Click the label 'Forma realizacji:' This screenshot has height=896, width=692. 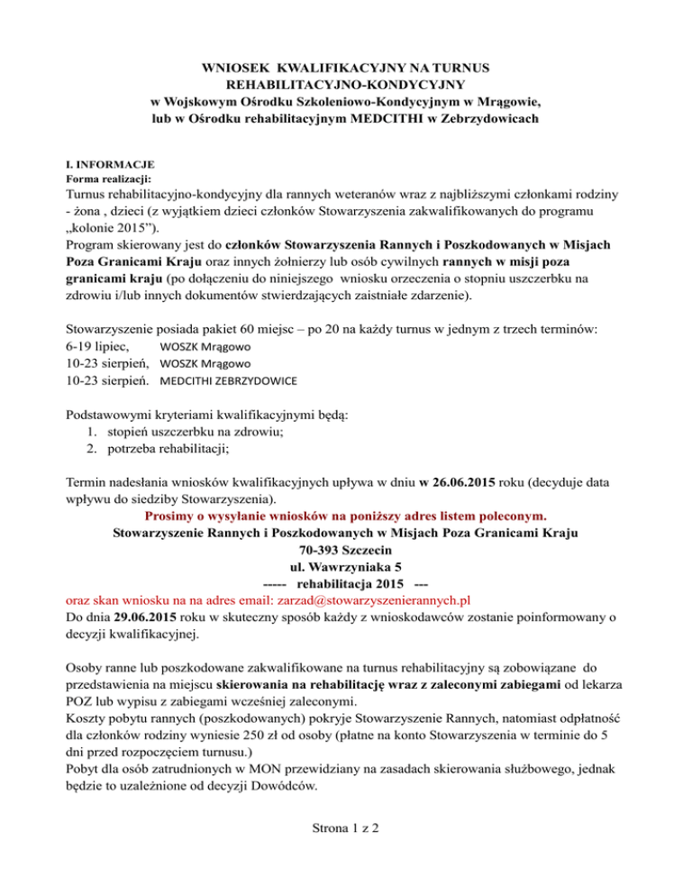tap(113, 178)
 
